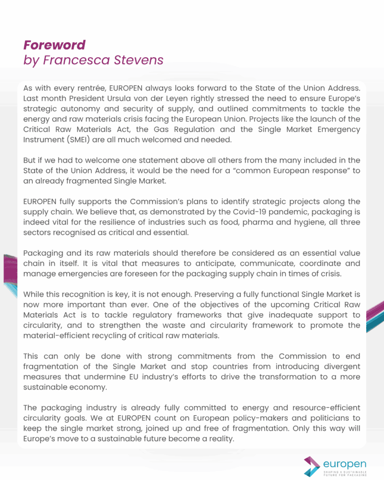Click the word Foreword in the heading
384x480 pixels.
(54, 45)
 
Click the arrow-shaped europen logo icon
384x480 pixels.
(312, 466)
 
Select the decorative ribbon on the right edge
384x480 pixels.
(375, 314)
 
